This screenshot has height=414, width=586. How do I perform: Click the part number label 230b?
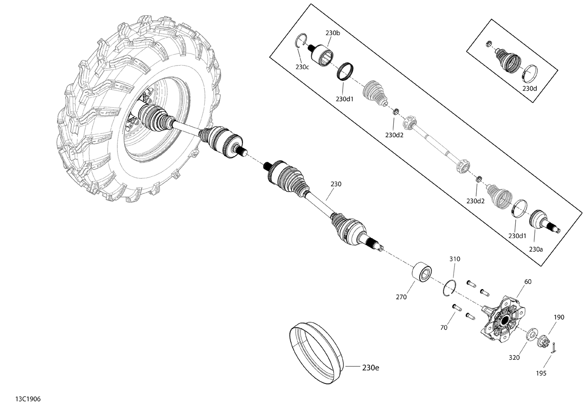pyautogui.click(x=333, y=33)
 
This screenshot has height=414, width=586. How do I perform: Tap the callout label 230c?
pyautogui.click(x=302, y=67)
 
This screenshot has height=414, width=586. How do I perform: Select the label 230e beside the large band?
pyautogui.click(x=371, y=368)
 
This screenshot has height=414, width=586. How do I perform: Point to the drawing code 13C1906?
pyautogui.click(x=28, y=399)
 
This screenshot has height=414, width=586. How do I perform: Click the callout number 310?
pyautogui.click(x=455, y=259)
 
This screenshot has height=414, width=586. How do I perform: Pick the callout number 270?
pyautogui.click(x=401, y=297)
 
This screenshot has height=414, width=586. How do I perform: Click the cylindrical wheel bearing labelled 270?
pyautogui.click(x=422, y=273)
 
